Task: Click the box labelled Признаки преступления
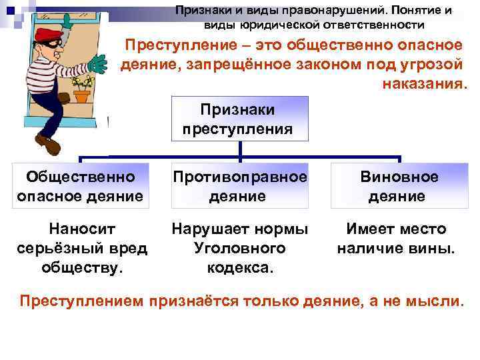[241, 118]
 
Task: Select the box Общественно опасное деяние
[80, 186]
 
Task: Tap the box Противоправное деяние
[239, 186]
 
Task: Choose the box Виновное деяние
[399, 186]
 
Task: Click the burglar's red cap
[47, 36]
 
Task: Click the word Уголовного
[239, 248]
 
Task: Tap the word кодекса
[239, 267]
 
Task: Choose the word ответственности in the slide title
[377, 25]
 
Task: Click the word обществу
[80, 267]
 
